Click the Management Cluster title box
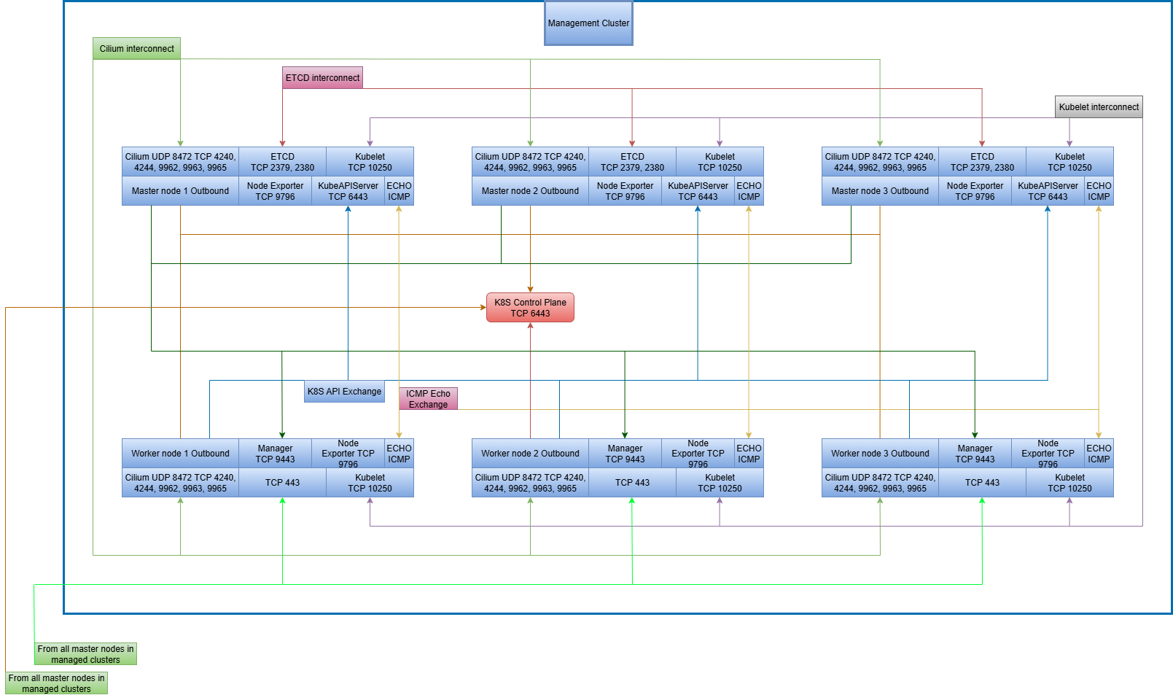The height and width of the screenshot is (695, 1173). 588,23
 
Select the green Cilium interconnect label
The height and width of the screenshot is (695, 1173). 136,49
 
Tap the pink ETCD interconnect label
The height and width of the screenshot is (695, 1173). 322,78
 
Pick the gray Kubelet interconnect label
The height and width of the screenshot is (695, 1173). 1099,107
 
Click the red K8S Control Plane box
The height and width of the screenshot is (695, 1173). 530,308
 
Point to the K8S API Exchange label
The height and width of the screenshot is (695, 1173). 344,392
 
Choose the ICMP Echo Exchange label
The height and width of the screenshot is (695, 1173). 428,399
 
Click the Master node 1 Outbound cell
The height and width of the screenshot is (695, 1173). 180,191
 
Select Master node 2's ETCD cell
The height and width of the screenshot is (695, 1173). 632,162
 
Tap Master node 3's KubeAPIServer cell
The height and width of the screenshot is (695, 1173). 1048,191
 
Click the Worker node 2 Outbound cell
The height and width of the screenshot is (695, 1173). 530,454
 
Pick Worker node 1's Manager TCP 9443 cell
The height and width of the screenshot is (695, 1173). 275,454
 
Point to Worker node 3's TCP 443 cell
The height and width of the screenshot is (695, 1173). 982,483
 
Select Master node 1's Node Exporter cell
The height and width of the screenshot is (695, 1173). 275,191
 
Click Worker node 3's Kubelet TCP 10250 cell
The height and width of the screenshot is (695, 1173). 1069,483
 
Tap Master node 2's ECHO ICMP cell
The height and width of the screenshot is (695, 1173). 749,191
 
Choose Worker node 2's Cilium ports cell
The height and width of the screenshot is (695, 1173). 530,483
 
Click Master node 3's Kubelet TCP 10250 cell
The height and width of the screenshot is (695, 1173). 1069,162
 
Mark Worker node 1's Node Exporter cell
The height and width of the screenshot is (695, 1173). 348,454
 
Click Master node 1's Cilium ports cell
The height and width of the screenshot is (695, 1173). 180,162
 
